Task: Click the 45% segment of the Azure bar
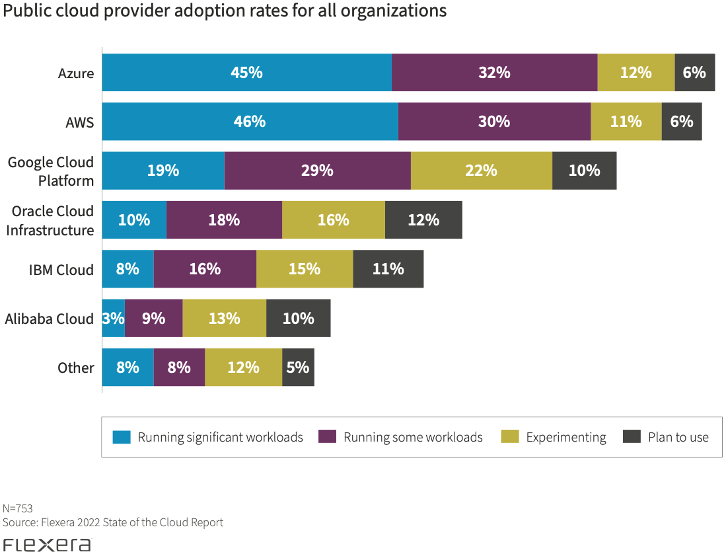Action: coord(246,73)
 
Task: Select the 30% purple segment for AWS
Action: coord(494,122)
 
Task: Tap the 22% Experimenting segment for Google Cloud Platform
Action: coord(481,171)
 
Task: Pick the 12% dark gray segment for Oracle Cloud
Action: coord(423,220)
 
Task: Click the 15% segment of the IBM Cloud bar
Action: coord(305,269)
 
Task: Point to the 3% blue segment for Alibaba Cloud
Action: coord(113,319)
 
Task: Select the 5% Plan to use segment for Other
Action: coord(298,368)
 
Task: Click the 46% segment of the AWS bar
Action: coord(250,122)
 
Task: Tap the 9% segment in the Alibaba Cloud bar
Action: coord(153,319)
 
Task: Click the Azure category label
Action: coord(76,73)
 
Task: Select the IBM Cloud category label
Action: coord(61,270)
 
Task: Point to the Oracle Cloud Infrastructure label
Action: coord(53,221)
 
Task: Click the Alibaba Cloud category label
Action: coord(50,319)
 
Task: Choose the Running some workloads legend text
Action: coord(413,437)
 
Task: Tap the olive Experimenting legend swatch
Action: coord(510,437)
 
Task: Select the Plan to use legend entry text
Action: coord(678,437)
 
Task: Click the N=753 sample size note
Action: coord(18,508)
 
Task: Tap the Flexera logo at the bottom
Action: coord(46,545)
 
